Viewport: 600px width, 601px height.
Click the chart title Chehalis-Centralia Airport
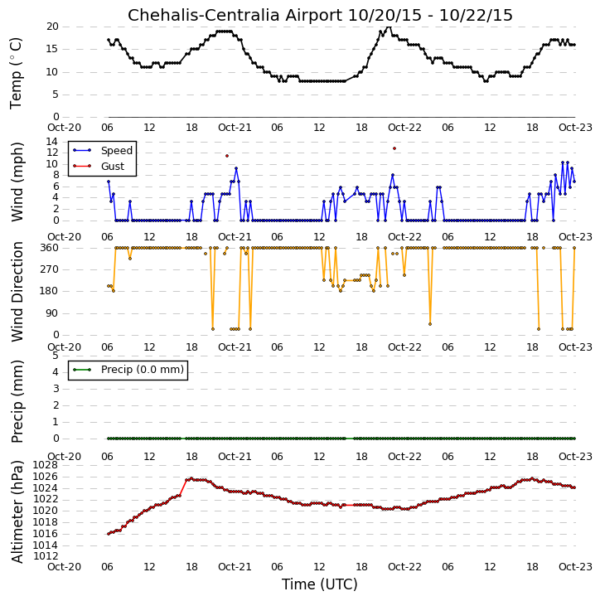click(x=235, y=15)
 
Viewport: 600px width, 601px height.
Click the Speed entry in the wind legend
click(x=117, y=151)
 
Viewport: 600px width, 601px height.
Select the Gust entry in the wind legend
click(x=113, y=167)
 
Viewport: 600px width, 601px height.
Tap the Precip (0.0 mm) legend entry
click(x=143, y=370)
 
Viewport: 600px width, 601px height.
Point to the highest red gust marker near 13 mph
click(x=394, y=148)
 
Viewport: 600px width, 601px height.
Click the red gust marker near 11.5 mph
click(x=227, y=156)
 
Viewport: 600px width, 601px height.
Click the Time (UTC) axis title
click(x=320, y=584)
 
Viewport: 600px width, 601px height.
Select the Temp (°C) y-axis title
click(x=16, y=73)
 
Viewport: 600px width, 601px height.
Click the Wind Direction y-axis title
click(x=17, y=292)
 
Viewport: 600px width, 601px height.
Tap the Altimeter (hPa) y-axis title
click(x=17, y=511)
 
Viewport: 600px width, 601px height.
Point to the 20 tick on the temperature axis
click(x=52, y=27)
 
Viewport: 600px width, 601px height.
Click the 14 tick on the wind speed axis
click(x=52, y=142)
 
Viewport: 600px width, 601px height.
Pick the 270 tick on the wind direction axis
click(x=50, y=269)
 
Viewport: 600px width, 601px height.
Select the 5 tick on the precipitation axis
click(x=56, y=356)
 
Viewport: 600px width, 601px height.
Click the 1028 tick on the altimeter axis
click(x=46, y=465)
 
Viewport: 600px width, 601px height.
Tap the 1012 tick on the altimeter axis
click(x=46, y=556)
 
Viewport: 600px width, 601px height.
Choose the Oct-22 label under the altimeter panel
click(x=404, y=566)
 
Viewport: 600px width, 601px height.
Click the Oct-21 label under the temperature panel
click(x=235, y=128)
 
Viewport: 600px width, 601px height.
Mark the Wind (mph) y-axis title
click(x=17, y=182)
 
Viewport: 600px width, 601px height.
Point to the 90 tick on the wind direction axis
click(x=52, y=313)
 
